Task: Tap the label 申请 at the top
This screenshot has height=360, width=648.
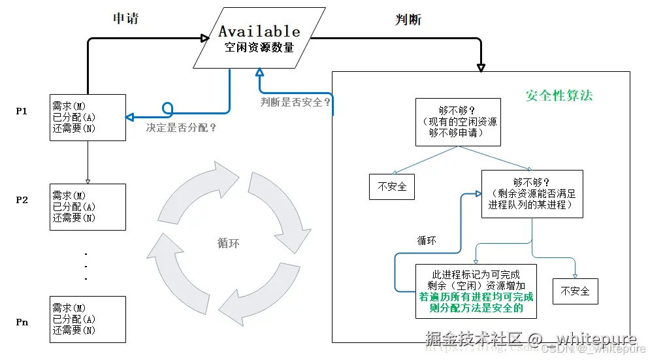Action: pos(125,18)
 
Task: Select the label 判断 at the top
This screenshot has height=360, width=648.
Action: pos(408,20)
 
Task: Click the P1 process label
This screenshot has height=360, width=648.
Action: pos(22,111)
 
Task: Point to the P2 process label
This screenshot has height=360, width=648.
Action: pos(22,200)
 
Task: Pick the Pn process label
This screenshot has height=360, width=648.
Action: pos(22,322)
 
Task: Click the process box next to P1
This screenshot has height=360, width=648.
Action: pos(88,117)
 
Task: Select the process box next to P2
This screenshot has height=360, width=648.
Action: pos(88,206)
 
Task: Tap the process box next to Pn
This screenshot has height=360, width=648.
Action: pos(88,319)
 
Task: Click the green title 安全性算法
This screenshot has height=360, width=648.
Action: pos(559,95)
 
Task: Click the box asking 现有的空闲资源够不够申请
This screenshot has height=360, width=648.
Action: pos(458,122)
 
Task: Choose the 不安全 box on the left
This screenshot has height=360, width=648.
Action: pos(392,186)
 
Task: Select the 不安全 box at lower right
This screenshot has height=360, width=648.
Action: pos(575,291)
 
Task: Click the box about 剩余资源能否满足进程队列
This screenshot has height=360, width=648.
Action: pos(532,193)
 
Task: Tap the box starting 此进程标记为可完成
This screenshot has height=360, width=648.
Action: pos(476,291)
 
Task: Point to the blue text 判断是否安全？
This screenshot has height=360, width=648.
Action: pos(296,102)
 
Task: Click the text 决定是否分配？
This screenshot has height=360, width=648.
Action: pos(181,128)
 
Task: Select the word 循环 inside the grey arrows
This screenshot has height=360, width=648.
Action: pos(228,243)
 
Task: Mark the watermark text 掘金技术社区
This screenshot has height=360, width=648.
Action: pos(476,338)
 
